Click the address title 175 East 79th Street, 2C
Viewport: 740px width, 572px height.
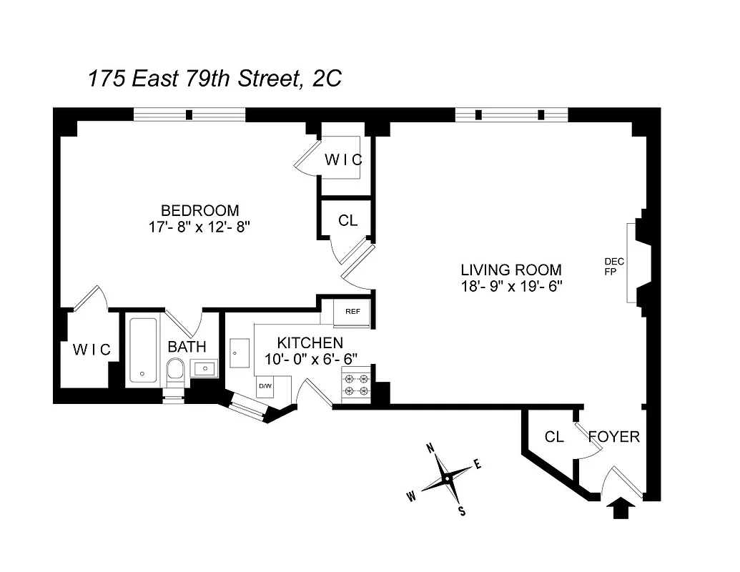coord(214,78)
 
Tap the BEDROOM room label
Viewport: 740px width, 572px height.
coord(199,210)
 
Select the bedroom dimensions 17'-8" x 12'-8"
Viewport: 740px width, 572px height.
coord(199,227)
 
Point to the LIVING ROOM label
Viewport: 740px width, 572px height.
coord(510,270)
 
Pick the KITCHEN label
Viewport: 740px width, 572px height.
coord(310,343)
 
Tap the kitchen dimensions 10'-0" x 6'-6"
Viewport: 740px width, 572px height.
coord(310,358)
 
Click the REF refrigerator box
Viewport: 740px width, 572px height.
coord(352,312)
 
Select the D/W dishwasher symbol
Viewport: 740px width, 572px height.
coord(265,386)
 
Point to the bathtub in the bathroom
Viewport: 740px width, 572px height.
coord(143,350)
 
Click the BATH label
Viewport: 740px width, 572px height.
coord(187,347)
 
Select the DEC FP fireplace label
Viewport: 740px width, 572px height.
coord(613,266)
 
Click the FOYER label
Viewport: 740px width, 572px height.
coord(613,437)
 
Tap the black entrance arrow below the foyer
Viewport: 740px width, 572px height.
coord(621,509)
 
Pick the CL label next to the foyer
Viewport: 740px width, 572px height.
coord(554,437)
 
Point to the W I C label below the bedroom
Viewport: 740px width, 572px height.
coord(92,350)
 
